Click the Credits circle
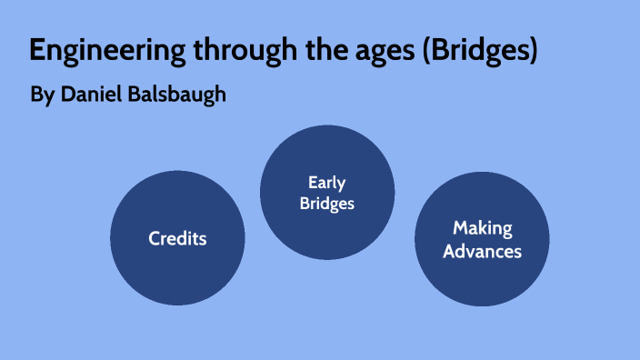(177, 238)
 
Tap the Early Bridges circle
(327, 193)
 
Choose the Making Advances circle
(482, 238)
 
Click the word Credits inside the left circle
(177, 239)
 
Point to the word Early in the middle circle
(327, 183)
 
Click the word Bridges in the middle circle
(327, 203)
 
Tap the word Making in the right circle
(483, 228)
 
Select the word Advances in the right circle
(483, 250)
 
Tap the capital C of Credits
(155, 239)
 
